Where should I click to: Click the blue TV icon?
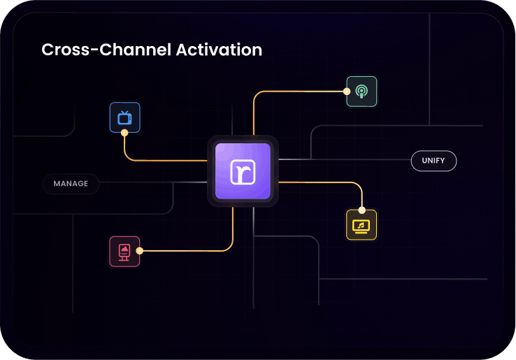tap(124, 117)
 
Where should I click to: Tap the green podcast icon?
tap(361, 91)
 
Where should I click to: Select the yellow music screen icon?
tap(361, 225)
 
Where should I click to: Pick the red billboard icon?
tap(124, 251)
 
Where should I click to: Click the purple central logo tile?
tap(243, 171)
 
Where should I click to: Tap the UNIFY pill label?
tap(433, 161)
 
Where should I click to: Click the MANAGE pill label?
tap(71, 184)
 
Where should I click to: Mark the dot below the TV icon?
tap(124, 132)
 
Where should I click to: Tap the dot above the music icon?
tap(361, 210)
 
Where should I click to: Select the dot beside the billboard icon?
tap(140, 251)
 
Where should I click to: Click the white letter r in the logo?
tap(243, 172)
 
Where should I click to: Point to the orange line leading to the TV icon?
tap(168, 161)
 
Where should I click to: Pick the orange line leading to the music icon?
tap(322, 182)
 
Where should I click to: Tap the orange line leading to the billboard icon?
tap(189, 251)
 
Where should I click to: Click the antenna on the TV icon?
tap(124, 110)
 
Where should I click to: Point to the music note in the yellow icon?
tap(361, 224)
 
